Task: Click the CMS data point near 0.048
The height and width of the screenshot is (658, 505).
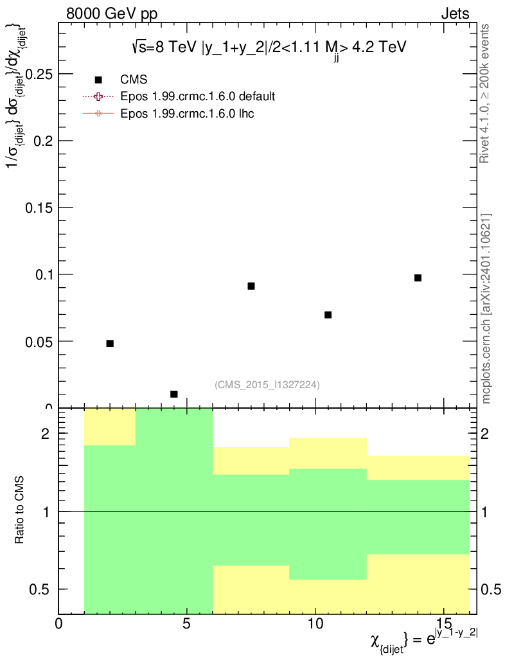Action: click(110, 344)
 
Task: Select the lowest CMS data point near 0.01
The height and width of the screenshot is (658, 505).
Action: click(173, 394)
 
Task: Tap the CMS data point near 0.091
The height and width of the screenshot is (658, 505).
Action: click(251, 286)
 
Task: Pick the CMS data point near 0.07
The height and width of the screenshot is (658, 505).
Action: click(328, 315)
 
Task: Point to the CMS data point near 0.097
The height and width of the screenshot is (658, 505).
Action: click(418, 278)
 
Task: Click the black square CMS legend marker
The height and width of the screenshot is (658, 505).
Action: click(98, 80)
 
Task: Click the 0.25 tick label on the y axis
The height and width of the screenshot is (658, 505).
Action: click(39, 74)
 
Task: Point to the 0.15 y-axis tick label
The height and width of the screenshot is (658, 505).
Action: click(39, 208)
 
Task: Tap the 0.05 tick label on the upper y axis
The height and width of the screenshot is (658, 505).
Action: click(39, 341)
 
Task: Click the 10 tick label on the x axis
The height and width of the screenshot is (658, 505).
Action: click(315, 624)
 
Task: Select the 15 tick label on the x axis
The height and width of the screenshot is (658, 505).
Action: click(443, 624)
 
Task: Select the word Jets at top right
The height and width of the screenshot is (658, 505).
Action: click(455, 13)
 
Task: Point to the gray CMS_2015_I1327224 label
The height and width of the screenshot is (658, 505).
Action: click(267, 384)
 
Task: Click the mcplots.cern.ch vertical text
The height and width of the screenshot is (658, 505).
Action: click(486, 308)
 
